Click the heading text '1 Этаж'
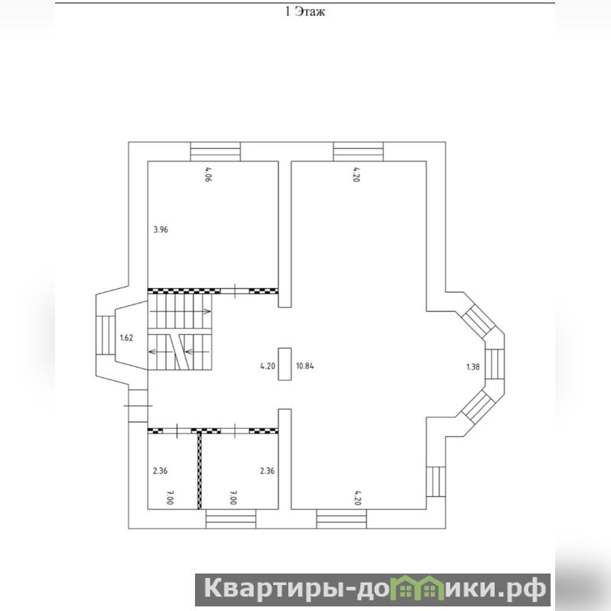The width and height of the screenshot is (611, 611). click(x=305, y=11)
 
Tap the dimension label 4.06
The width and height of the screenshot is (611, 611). click(x=208, y=175)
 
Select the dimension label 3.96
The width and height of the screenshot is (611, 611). click(x=161, y=229)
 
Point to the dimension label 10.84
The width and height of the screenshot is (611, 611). click(x=305, y=366)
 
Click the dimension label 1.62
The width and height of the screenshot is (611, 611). click(x=126, y=338)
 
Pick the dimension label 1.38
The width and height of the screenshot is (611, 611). click(x=473, y=367)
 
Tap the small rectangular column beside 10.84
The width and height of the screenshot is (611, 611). click(x=284, y=364)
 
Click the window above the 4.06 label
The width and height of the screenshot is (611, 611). click(x=216, y=151)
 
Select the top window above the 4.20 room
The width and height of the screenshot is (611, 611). click(x=359, y=151)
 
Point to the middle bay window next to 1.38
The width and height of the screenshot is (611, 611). click(x=495, y=364)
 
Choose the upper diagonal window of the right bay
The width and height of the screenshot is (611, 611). click(x=478, y=322)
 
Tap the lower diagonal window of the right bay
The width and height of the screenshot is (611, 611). click(x=478, y=407)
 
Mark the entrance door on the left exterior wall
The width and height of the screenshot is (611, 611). click(x=138, y=405)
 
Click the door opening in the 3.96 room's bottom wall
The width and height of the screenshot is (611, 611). click(x=235, y=291)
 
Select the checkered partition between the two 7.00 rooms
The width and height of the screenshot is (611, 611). click(x=200, y=470)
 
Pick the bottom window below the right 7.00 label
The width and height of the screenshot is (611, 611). click(x=231, y=519)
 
